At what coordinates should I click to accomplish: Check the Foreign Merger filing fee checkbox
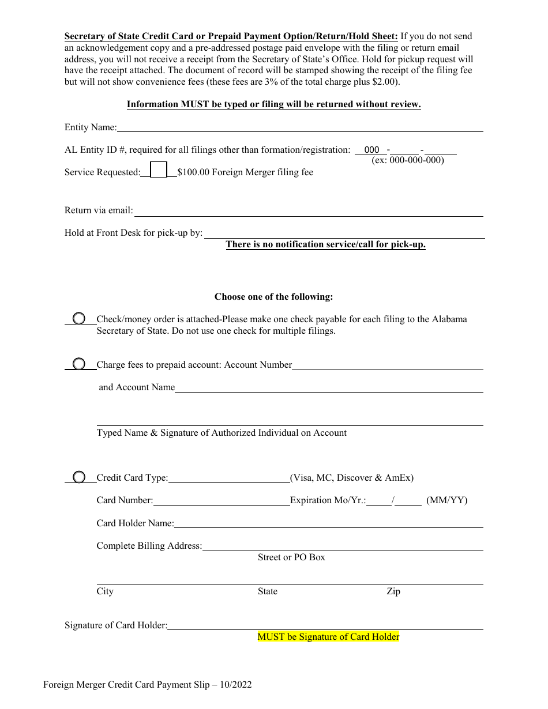(x=159, y=169)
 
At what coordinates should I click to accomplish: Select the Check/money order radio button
(x=79, y=319)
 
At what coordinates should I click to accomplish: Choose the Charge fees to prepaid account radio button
(x=79, y=364)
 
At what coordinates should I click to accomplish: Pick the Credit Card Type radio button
(x=79, y=477)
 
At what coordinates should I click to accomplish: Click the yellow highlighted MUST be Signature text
(x=328, y=637)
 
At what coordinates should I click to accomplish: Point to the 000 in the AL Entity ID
(x=372, y=150)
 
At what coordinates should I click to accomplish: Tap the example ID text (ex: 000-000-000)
(x=408, y=160)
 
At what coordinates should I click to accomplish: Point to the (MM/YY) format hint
(x=447, y=500)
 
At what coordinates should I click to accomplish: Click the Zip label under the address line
(x=393, y=591)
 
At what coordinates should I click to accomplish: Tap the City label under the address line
(x=105, y=591)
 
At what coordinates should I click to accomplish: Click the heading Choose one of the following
(x=274, y=297)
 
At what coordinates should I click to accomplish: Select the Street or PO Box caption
(x=291, y=557)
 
